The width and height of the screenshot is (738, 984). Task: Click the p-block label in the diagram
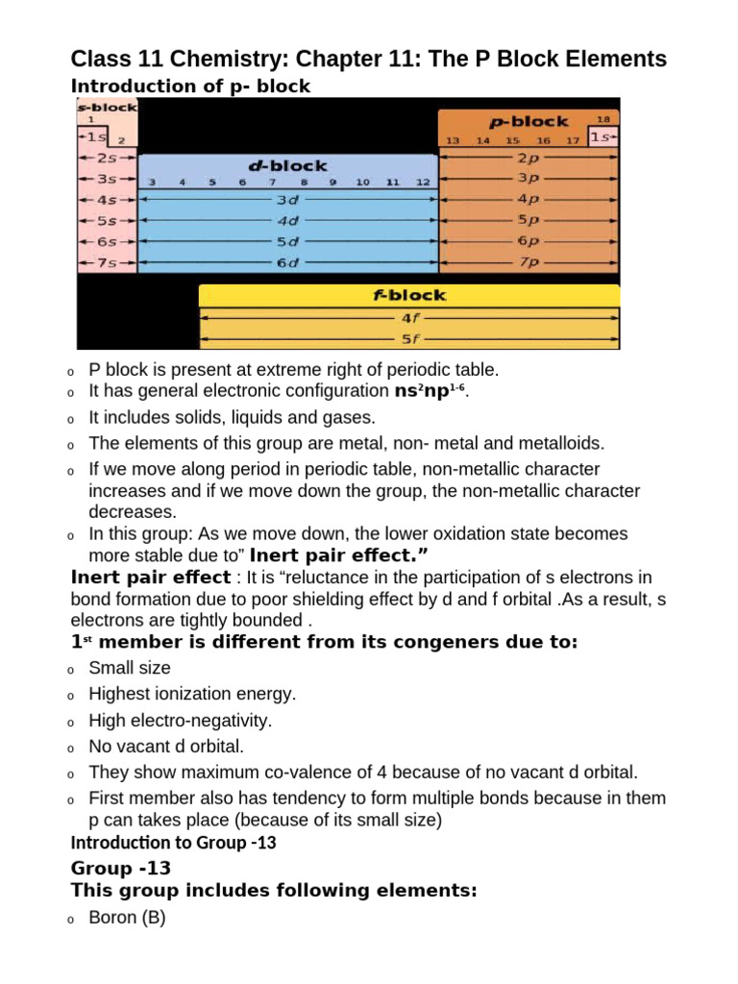click(x=529, y=122)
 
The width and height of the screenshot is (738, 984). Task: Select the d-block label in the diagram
click(x=288, y=165)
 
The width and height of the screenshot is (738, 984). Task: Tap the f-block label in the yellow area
click(x=409, y=295)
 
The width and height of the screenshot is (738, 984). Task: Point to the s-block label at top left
click(x=107, y=107)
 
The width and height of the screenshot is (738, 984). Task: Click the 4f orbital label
click(x=409, y=317)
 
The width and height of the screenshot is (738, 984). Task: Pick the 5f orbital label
click(x=409, y=338)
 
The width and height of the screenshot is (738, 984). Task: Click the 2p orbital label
click(x=529, y=158)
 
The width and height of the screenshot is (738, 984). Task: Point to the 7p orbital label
click(x=529, y=261)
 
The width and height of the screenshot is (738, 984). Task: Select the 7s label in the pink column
click(x=107, y=262)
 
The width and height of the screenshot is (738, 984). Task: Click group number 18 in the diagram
click(x=603, y=119)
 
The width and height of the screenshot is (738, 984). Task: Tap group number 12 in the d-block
click(x=423, y=182)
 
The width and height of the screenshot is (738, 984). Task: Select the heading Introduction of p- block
click(x=191, y=86)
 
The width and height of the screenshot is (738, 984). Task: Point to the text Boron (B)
click(x=127, y=918)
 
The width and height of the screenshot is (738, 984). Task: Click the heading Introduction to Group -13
click(x=174, y=844)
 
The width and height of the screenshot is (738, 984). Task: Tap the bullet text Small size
click(x=129, y=668)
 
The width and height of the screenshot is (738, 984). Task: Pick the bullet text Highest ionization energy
click(x=192, y=694)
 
